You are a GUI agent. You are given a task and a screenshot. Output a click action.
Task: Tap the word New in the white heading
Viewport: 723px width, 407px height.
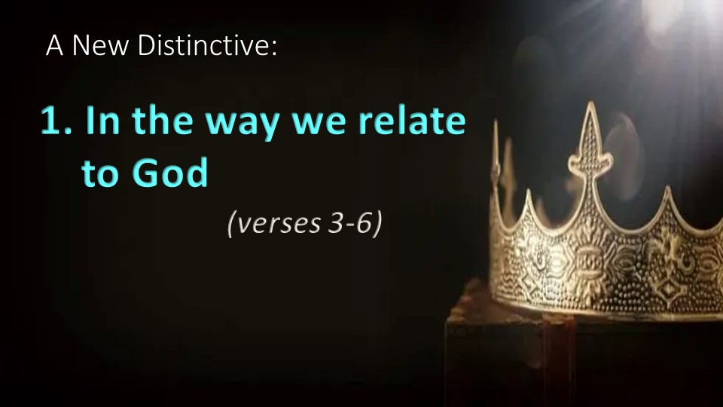(x=99, y=45)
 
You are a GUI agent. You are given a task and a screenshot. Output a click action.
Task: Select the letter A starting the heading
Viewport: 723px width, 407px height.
(x=54, y=45)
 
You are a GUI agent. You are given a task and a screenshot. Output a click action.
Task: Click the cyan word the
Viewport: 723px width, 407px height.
(x=163, y=120)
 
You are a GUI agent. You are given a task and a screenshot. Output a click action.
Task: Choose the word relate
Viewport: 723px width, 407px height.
(x=412, y=120)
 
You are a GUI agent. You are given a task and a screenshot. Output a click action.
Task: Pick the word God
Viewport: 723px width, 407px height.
(x=169, y=172)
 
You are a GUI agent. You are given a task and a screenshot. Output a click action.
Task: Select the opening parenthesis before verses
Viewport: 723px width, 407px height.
(x=231, y=223)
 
